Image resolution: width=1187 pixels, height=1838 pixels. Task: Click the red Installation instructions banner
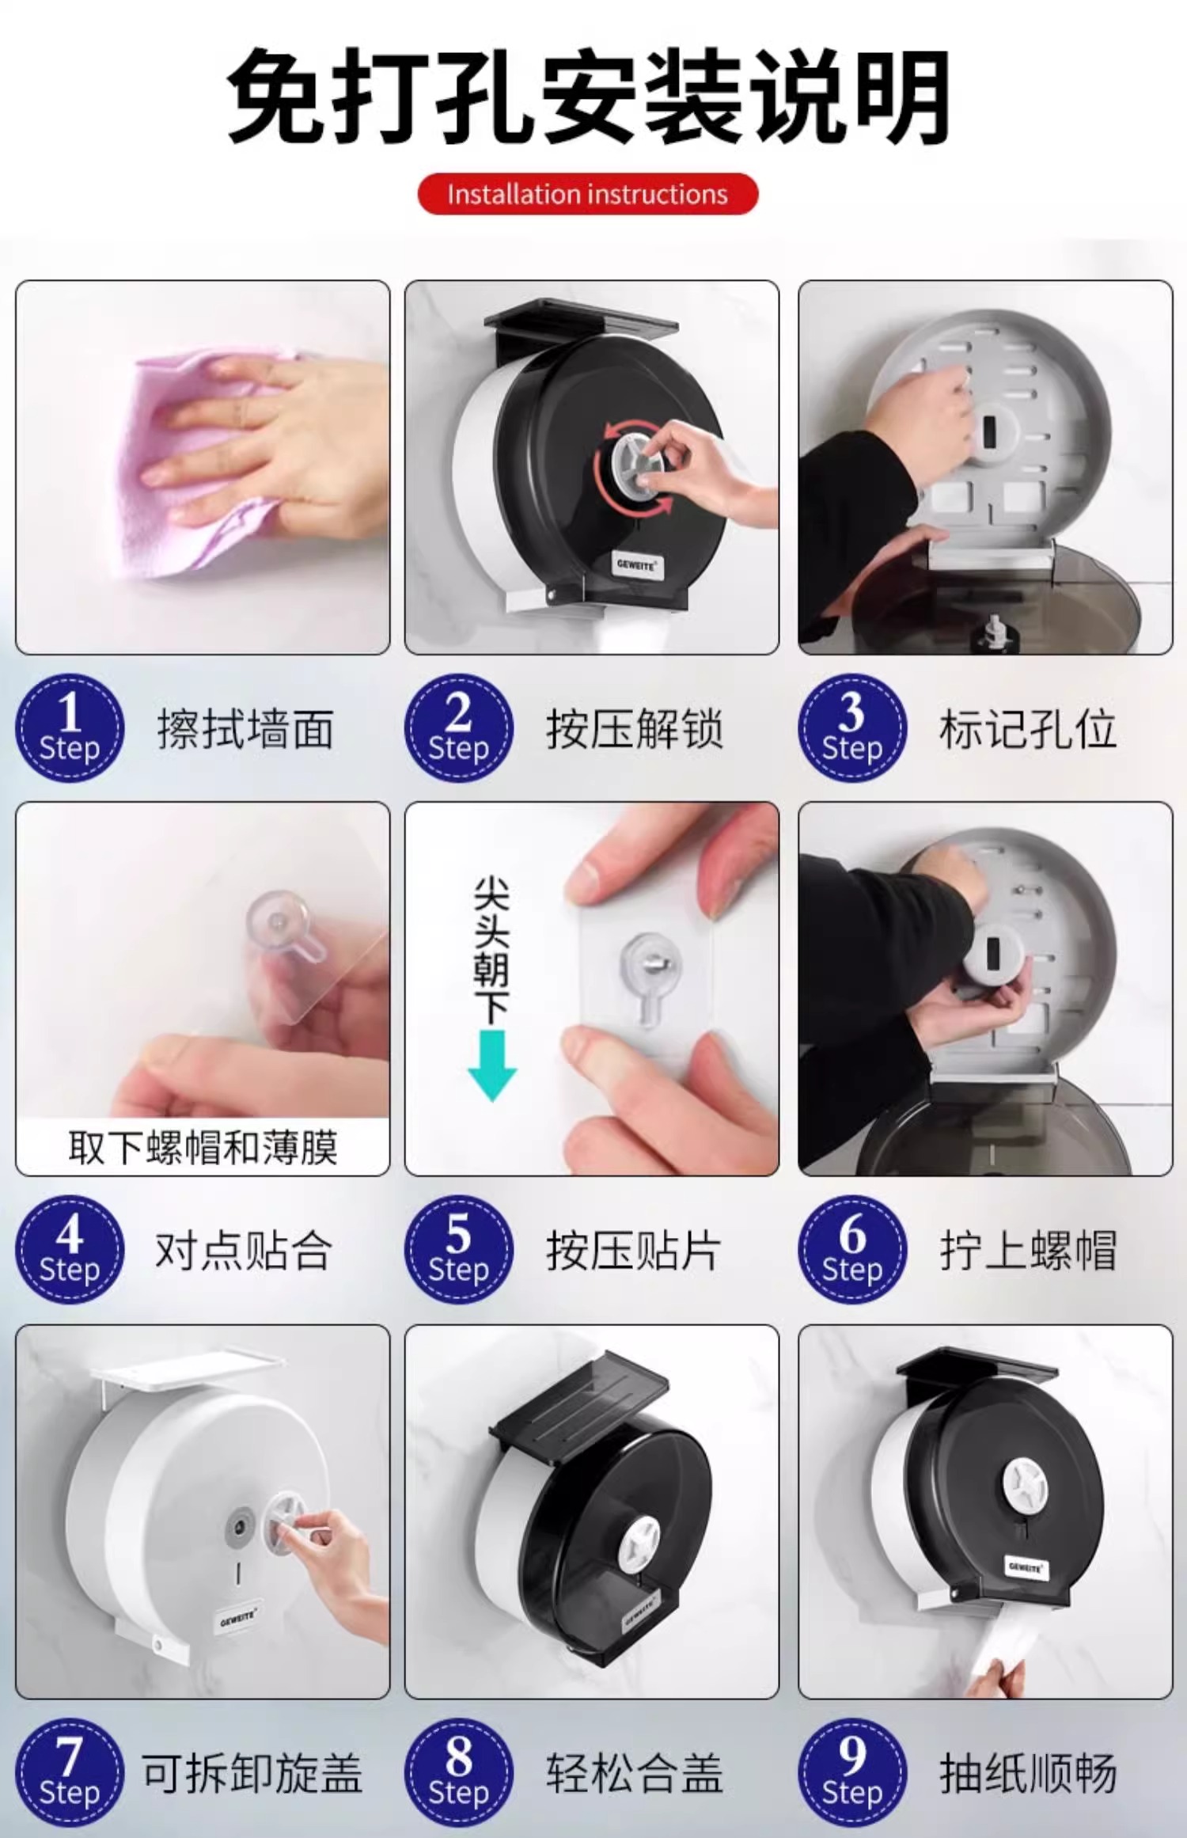[587, 194]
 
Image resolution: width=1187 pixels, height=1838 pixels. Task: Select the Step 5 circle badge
[459, 1250]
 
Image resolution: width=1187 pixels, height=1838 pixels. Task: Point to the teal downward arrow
[492, 1065]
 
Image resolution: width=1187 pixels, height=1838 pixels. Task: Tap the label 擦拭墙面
[245, 729]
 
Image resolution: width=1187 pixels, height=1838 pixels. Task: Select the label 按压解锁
[634, 729]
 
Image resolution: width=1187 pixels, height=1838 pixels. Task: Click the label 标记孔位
[1028, 729]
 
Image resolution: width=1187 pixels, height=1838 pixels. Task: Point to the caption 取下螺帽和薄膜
[203, 1147]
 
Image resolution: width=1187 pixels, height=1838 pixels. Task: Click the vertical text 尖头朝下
[491, 949]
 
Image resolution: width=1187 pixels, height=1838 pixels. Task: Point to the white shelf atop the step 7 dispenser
[187, 1366]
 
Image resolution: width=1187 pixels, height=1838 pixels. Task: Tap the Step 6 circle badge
[852, 1250]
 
